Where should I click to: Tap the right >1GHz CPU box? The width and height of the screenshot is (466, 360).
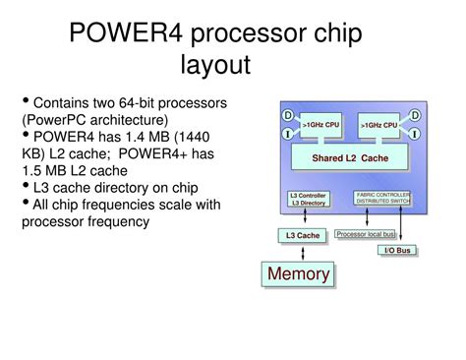click(379, 125)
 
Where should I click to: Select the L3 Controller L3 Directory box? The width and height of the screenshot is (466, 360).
click(308, 200)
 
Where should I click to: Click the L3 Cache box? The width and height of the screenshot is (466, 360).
click(303, 236)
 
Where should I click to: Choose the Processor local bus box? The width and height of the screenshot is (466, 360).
click(366, 234)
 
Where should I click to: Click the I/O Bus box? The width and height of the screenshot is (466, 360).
click(396, 251)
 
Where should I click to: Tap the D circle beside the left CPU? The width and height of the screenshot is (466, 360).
click(288, 116)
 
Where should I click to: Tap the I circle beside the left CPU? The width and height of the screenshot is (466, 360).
click(288, 133)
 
